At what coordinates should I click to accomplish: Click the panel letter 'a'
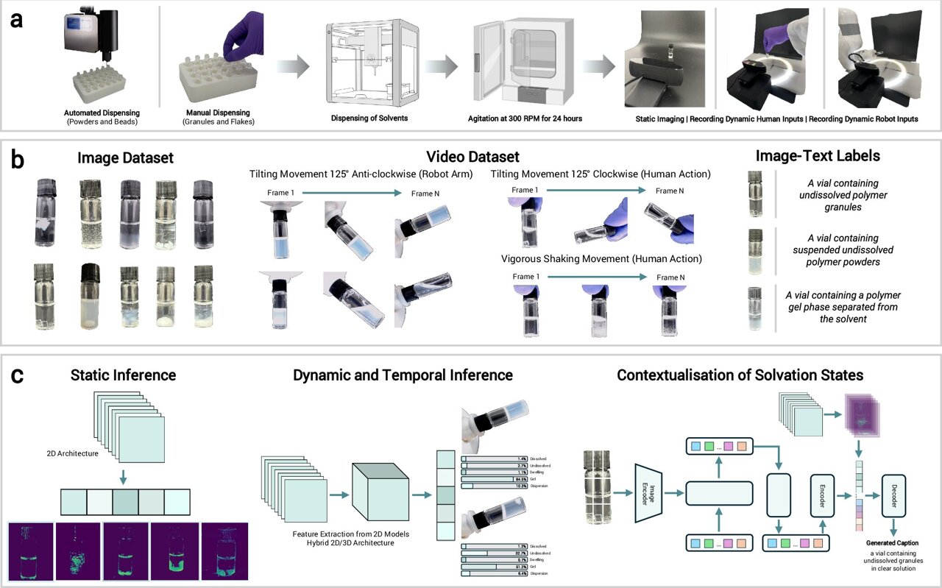click(x=16, y=19)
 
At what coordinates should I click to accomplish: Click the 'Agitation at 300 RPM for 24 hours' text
click(x=525, y=118)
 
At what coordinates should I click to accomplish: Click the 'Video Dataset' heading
click(x=472, y=156)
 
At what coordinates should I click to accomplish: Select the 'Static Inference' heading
click(x=124, y=375)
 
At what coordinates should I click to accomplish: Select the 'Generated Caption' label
click(x=892, y=543)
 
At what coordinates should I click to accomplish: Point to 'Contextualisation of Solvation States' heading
click(x=740, y=375)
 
